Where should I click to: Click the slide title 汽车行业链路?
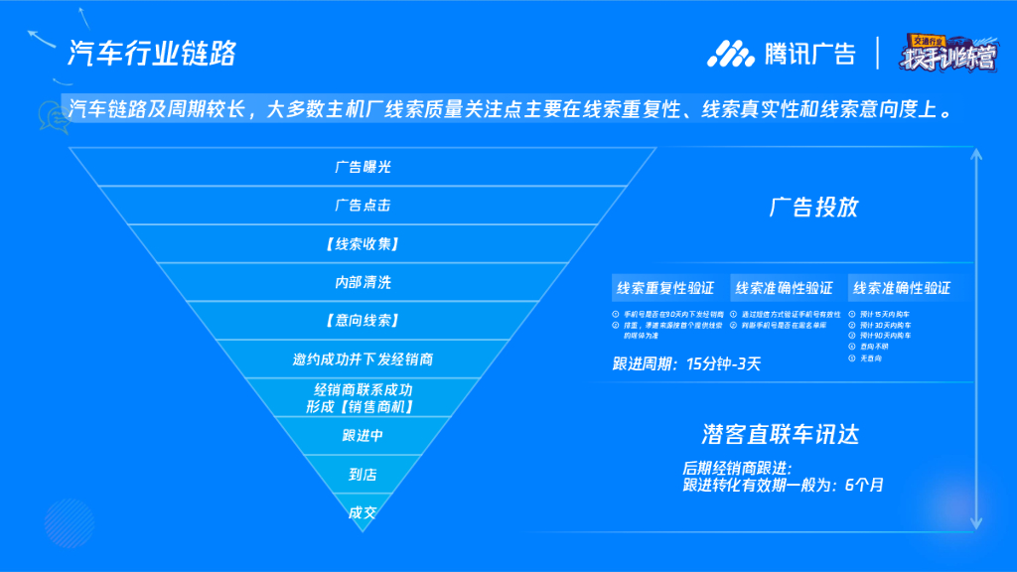coord(151,53)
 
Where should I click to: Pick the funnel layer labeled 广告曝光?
coord(363,167)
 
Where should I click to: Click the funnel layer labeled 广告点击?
coord(363,206)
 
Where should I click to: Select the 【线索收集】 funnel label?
coord(363,244)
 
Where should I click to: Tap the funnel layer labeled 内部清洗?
coord(363,283)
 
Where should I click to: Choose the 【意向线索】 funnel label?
coord(363,321)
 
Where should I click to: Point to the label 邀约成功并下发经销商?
coord(363,359)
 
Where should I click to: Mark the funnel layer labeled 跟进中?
coord(363,436)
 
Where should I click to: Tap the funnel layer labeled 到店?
coord(363,475)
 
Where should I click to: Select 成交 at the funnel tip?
coord(363,513)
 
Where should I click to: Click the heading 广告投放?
coord(813,208)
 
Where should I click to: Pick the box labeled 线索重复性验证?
coord(665,288)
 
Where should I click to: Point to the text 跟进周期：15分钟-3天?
coord(687,363)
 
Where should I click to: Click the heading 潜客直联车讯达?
coord(780,434)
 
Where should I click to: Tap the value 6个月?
coord(864,486)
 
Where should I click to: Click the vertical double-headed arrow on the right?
coord(979,338)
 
